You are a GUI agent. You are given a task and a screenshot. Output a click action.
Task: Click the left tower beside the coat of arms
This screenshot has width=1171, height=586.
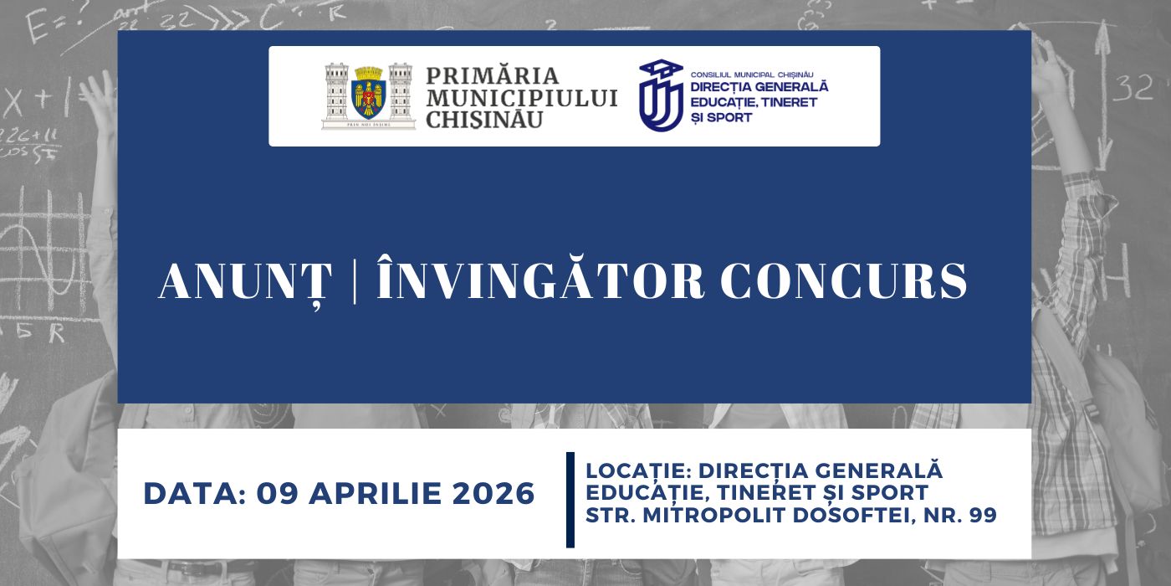point(336,95)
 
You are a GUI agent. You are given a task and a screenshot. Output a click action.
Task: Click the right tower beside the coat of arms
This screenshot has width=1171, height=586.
point(401,95)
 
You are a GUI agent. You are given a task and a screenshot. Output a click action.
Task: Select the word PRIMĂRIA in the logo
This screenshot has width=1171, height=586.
point(493,76)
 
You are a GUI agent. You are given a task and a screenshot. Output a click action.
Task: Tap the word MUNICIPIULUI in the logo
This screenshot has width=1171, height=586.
point(522,98)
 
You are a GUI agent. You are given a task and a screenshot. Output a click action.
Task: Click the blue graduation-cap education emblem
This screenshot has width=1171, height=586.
point(660,95)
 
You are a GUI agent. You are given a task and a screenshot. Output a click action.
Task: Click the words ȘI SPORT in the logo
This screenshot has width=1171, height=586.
point(721,118)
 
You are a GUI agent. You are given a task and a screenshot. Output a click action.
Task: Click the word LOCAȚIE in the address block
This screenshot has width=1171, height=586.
point(637,470)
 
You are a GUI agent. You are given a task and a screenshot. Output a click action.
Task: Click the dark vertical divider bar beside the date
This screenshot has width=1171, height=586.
point(570,500)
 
